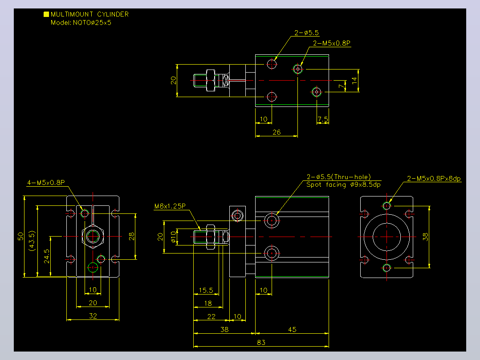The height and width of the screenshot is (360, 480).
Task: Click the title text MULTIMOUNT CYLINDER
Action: (x=89, y=14)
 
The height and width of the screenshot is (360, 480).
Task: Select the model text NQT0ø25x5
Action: (x=92, y=23)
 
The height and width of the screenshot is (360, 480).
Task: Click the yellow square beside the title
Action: (x=46, y=14)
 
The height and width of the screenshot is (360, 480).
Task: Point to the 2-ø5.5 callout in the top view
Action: (x=306, y=33)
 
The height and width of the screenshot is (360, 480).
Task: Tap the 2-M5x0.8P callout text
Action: (x=332, y=43)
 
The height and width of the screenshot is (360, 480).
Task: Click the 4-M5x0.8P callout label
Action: (x=46, y=183)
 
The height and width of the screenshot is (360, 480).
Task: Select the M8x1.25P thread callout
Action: (x=170, y=206)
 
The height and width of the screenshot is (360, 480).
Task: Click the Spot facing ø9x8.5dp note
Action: (x=343, y=185)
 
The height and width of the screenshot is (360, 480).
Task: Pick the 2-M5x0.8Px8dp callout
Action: (x=434, y=179)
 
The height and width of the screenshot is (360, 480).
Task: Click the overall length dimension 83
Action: (x=261, y=342)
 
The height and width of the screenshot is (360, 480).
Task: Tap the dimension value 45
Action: (x=292, y=329)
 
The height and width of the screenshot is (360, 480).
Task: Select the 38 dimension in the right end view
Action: (x=425, y=237)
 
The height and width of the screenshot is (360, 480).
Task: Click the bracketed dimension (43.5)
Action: (x=32, y=241)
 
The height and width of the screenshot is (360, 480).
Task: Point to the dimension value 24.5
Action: (x=46, y=256)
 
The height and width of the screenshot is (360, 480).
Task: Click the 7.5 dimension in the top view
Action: (x=323, y=119)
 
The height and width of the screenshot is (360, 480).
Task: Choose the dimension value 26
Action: (x=277, y=132)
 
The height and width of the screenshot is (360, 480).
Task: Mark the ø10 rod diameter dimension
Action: (x=174, y=237)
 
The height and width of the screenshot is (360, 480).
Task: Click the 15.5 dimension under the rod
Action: (x=206, y=290)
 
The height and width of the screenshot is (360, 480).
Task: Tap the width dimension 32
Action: (x=93, y=316)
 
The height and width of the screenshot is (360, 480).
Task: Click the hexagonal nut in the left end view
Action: (x=83, y=237)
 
